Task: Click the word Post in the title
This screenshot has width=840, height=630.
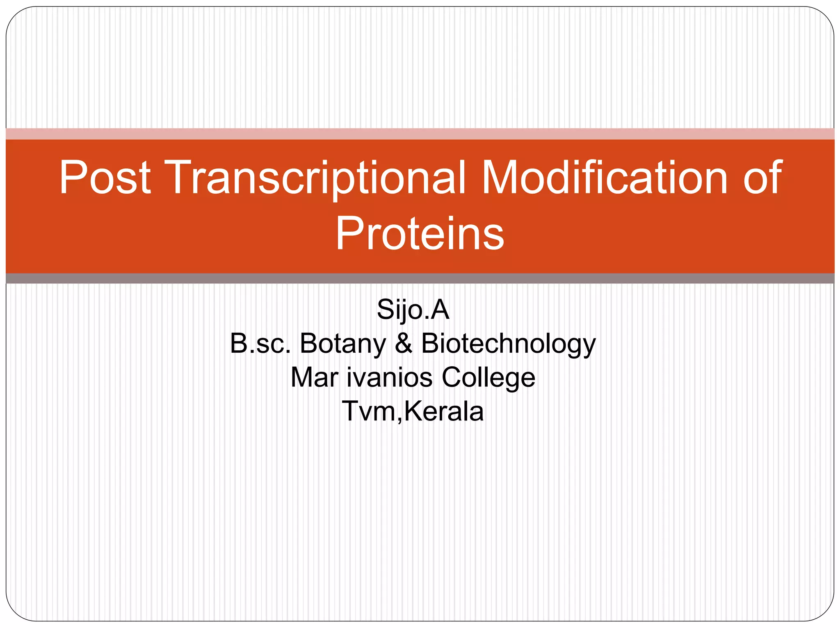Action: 105,177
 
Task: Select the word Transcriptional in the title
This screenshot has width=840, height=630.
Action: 316,177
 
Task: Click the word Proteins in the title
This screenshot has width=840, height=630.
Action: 420,233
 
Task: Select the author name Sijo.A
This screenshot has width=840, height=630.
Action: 413,309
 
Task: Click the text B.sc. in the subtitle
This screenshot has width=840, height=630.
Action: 260,343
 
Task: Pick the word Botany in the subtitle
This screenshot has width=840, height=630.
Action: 343,343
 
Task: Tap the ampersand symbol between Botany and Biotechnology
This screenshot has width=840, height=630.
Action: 404,343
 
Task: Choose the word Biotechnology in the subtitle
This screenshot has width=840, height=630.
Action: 508,343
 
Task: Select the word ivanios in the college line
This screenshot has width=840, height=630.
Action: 390,377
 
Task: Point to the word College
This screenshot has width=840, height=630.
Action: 488,377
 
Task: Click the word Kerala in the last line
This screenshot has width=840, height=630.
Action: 444,411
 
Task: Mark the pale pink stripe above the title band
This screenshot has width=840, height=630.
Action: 420,134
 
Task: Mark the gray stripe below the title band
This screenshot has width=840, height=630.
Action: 420,278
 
